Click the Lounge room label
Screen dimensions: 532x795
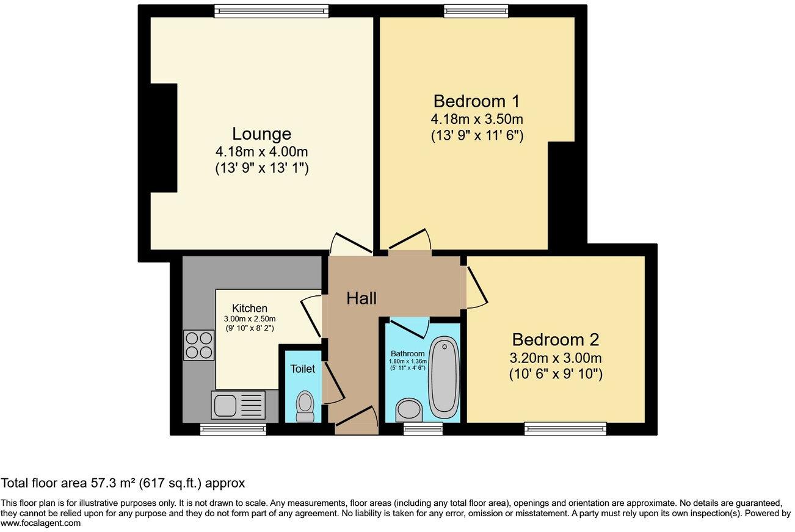(x=261, y=134)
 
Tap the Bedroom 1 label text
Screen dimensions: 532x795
(x=476, y=101)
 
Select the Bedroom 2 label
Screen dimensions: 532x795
(x=556, y=340)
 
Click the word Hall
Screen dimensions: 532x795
(x=361, y=298)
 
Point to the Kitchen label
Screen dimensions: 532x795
(x=249, y=309)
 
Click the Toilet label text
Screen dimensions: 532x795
(x=303, y=368)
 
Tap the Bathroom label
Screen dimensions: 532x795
(x=407, y=354)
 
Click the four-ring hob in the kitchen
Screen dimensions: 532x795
(x=199, y=345)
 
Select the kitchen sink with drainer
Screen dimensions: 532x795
(x=238, y=405)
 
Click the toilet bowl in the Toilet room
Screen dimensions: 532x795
(x=304, y=405)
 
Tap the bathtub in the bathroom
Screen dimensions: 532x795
(x=444, y=376)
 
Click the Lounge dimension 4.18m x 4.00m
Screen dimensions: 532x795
(x=261, y=151)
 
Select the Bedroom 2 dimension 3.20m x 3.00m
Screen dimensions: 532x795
(x=556, y=358)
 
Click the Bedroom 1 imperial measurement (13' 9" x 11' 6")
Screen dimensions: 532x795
(x=476, y=135)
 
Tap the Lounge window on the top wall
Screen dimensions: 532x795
(x=271, y=11)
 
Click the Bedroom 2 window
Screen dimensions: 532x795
(x=565, y=429)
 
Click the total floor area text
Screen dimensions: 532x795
(x=122, y=484)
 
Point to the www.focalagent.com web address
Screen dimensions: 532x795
(x=40, y=523)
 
